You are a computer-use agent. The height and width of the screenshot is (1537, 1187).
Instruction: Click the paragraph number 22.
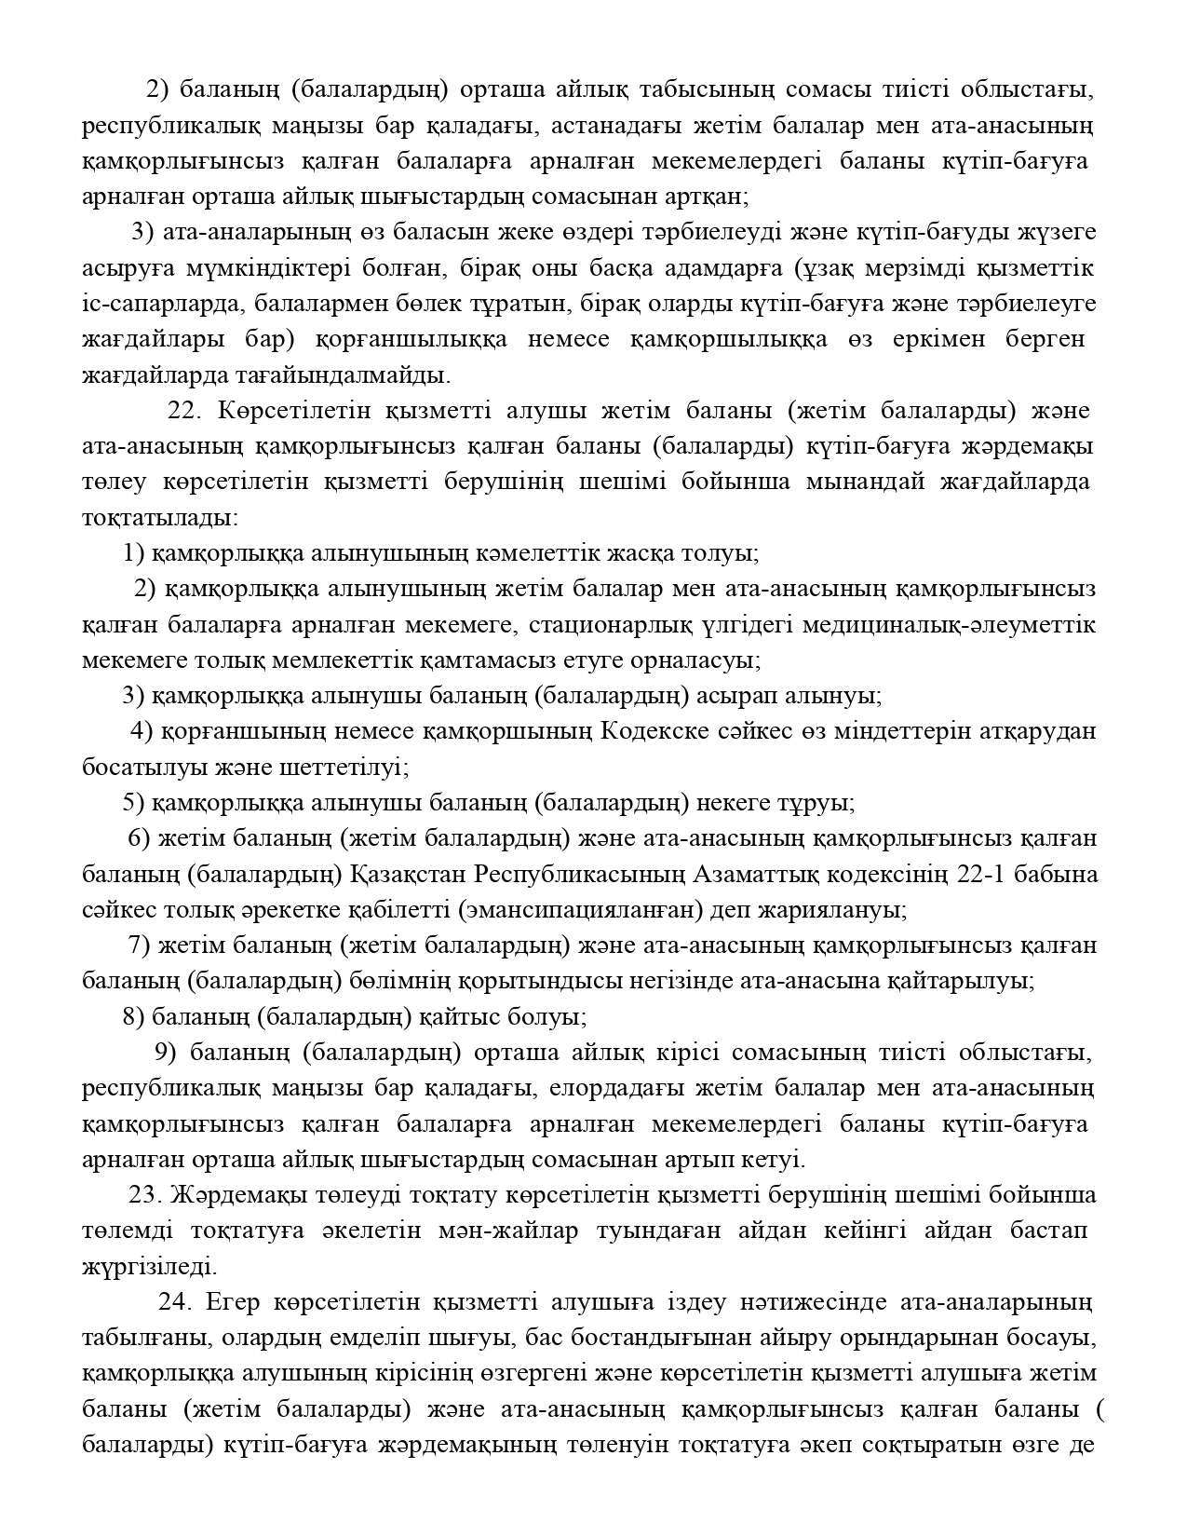click(x=183, y=411)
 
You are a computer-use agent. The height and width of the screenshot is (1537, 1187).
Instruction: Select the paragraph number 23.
click(x=146, y=1194)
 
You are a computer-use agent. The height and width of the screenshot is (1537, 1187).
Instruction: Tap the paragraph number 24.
click(x=175, y=1300)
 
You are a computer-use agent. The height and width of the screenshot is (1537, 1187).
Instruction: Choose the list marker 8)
click(x=133, y=1015)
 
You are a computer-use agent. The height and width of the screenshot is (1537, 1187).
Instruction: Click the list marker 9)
click(x=165, y=1052)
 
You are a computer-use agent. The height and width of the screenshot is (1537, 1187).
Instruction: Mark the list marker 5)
click(x=133, y=802)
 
